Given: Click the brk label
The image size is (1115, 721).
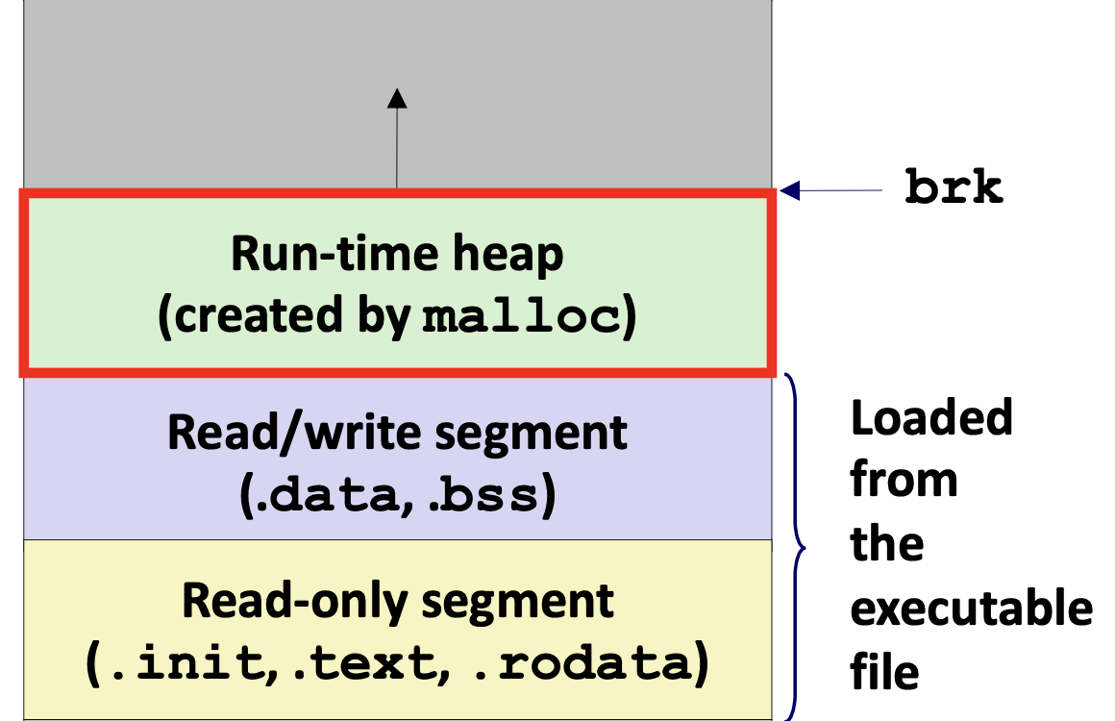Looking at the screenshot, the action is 954,187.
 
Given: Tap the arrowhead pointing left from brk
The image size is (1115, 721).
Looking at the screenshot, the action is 790,190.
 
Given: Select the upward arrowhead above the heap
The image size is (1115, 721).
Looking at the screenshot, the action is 397,98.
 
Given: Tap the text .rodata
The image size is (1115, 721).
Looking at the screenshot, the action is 582,662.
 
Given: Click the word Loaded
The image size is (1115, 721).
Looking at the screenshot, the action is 931,417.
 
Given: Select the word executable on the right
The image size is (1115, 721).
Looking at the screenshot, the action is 972,609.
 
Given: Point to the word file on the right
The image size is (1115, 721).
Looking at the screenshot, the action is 884,671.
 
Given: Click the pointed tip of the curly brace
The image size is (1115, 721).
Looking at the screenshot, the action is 805,548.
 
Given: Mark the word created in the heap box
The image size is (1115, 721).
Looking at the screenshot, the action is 259,315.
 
